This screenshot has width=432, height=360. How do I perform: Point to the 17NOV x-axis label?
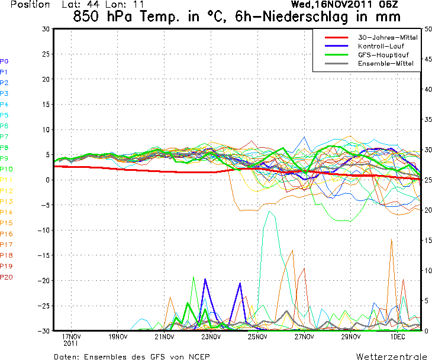pyautogui.click(x=71, y=337)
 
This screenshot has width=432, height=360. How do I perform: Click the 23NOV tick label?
pyautogui.click(x=211, y=337)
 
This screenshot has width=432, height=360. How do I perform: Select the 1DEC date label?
pyautogui.click(x=397, y=337)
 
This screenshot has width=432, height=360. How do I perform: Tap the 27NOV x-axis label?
pyautogui.click(x=304, y=337)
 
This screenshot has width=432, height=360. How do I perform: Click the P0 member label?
pyautogui.click(x=4, y=61)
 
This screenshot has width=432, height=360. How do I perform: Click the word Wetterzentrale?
pyautogui.click(x=391, y=357)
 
